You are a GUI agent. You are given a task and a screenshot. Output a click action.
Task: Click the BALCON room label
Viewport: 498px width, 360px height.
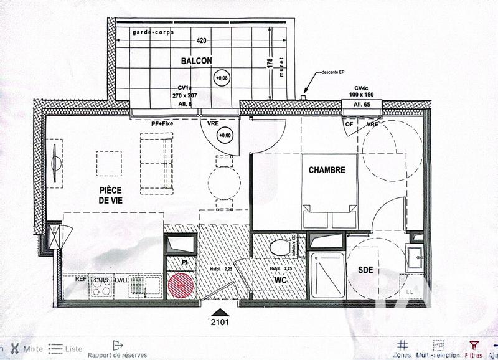[x=196, y=60]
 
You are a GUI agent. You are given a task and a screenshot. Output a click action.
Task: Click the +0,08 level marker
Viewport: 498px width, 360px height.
[x=221, y=78]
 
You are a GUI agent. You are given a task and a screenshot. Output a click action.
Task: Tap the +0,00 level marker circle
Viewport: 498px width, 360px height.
[x=223, y=135]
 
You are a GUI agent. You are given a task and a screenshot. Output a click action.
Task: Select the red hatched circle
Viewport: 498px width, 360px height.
[x=181, y=286]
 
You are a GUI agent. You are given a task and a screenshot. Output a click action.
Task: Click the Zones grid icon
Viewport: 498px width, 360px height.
[x=403, y=344]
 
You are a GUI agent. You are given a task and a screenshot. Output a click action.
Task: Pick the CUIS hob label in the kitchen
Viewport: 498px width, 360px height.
[x=102, y=280]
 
